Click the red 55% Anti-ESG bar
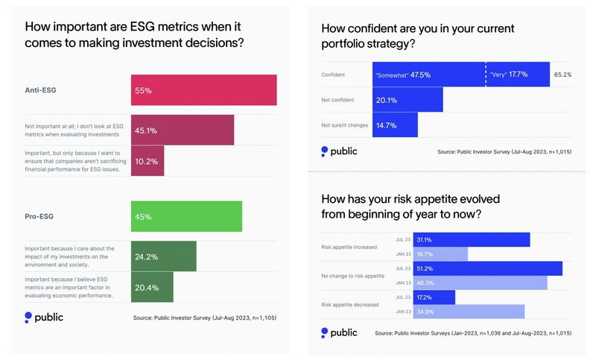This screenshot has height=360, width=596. (x=203, y=90)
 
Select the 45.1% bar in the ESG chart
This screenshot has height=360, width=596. (x=183, y=130)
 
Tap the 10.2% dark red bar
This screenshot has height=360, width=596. (x=148, y=160)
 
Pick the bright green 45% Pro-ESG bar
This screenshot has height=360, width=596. (x=186, y=216)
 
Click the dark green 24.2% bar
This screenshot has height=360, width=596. (x=163, y=256)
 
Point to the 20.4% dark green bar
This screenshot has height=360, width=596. (x=152, y=286)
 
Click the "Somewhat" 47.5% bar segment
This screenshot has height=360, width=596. (x=428, y=75)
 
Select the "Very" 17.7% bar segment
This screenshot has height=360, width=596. (x=518, y=75)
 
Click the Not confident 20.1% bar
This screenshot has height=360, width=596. (x=408, y=100)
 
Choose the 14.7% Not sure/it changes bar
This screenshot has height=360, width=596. (x=395, y=124)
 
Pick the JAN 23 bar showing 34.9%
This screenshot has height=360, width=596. (x=460, y=312)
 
